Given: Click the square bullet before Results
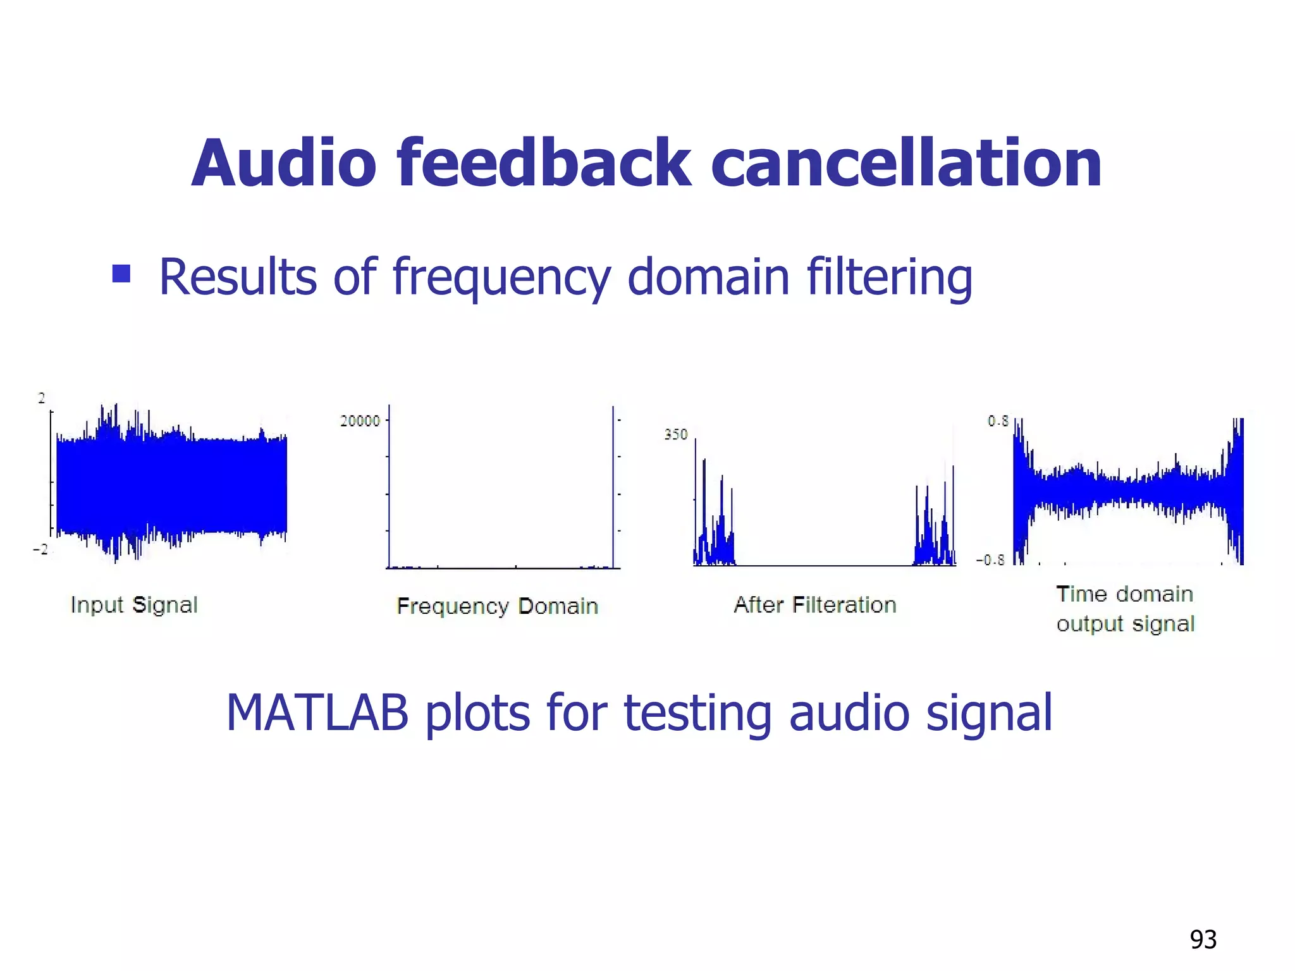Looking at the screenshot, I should (121, 274).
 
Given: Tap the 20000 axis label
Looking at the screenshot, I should (360, 421).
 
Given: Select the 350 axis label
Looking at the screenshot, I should (675, 434).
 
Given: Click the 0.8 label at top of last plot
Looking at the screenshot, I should (998, 421).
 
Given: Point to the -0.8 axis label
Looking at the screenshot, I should (990, 560).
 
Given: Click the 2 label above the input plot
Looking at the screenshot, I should (42, 398).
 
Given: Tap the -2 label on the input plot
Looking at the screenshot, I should (40, 549).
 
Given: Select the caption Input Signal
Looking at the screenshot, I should (134, 605).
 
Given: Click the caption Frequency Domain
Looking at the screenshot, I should (497, 606).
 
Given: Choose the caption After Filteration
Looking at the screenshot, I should (814, 605).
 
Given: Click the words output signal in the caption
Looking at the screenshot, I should (1125, 624).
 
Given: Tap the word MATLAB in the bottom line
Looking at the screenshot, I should (317, 713).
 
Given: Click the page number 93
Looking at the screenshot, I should (1203, 939).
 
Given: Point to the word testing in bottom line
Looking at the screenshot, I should (697, 713).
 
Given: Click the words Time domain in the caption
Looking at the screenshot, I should (1124, 594).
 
